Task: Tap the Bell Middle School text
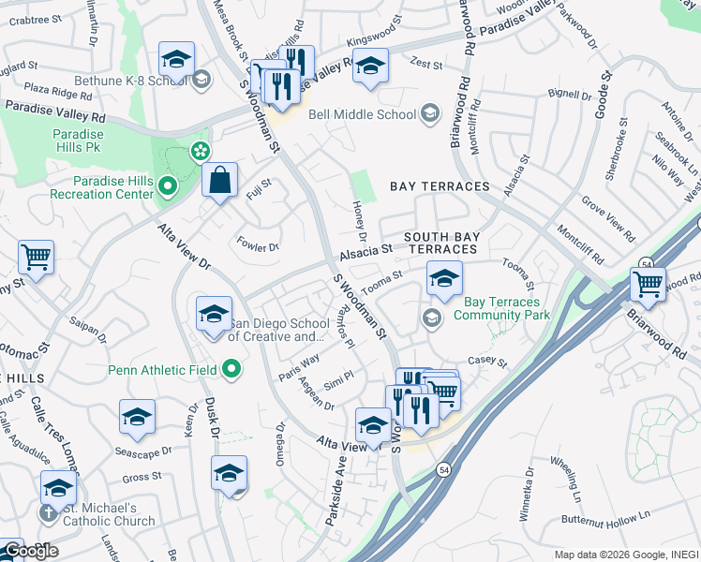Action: (x=361, y=114)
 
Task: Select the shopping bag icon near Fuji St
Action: (x=219, y=180)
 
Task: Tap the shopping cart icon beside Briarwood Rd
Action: (x=648, y=282)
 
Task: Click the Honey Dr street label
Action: (x=360, y=221)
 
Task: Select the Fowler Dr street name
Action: (x=259, y=247)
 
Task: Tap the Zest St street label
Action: (x=425, y=63)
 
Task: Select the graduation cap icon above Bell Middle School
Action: (x=370, y=66)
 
